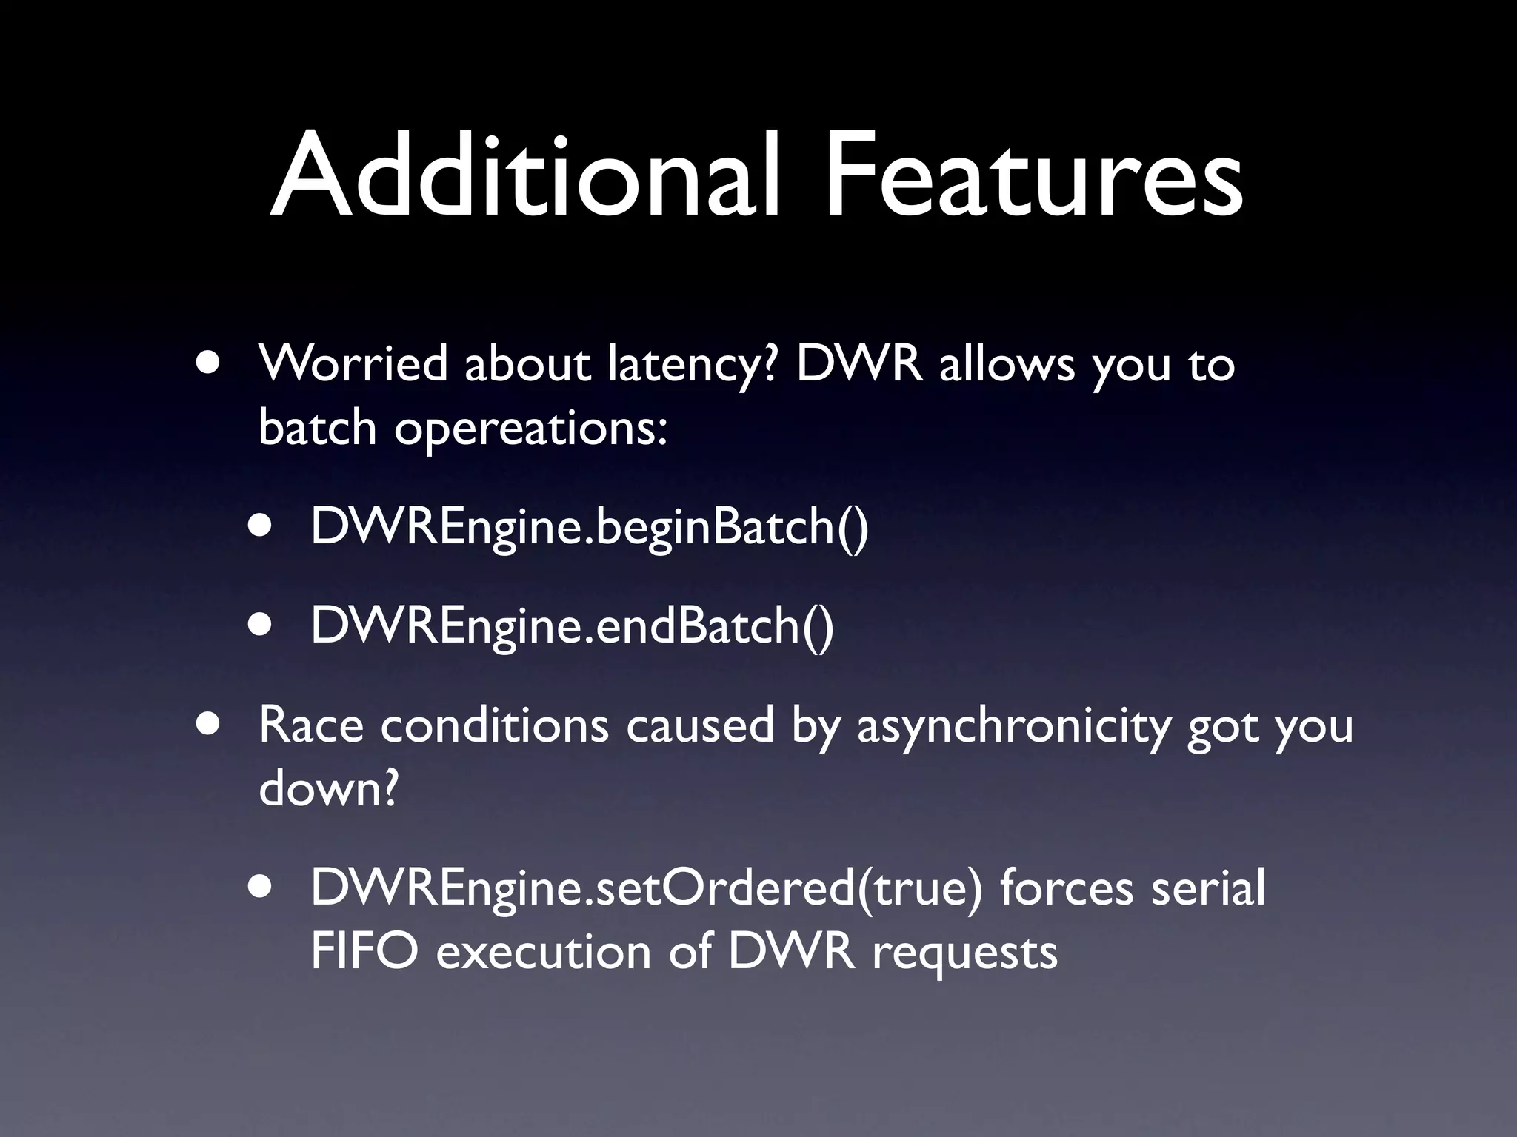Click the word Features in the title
pos(1033,176)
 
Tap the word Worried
pos(353,364)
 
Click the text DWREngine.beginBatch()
pos(590,527)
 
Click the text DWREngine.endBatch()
pos(572,625)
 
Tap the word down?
pos(329,788)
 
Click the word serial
pos(1207,888)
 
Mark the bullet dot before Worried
pos(209,364)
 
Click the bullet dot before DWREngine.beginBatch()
pos(261,526)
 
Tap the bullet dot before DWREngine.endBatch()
pos(261,625)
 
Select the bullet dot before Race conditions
pos(209,725)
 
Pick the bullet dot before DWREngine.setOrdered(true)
pos(261,888)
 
